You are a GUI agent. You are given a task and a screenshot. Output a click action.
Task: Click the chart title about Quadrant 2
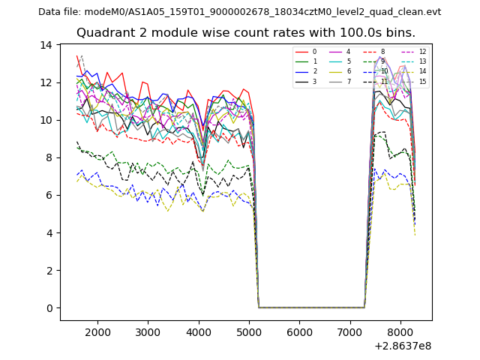pos(245,32)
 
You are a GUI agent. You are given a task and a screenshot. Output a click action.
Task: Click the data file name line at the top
pos(240,11)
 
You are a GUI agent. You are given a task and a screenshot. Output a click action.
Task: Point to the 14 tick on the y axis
pos(46,45)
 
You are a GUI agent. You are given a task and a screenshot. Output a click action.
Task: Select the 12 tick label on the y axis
pos(46,82)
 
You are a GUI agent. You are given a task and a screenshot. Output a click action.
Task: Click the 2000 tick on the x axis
pos(97,331)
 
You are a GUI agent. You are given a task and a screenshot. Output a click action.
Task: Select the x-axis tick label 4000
pos(199,331)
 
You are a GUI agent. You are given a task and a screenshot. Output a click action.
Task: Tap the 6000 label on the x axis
pos(299,331)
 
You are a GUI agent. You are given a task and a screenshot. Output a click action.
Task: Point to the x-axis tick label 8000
pos(400,331)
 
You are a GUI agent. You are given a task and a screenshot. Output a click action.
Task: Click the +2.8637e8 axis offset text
pos(402,346)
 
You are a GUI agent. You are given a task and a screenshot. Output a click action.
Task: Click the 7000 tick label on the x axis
pos(349,331)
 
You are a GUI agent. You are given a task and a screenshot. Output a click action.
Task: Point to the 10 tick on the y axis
pos(46,120)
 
